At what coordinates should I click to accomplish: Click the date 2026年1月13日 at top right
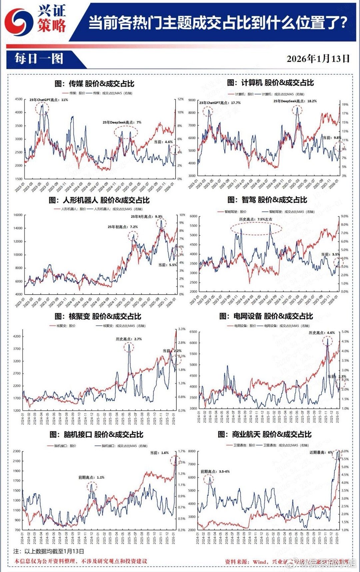318,59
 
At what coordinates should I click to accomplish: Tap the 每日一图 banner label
39,59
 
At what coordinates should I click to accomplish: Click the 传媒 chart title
94,84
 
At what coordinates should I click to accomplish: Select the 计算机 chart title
270,83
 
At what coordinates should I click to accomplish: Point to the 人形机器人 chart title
99,200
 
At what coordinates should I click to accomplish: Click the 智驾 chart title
267,200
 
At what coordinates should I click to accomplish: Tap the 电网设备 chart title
266,316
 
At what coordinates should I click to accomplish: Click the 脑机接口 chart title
96,434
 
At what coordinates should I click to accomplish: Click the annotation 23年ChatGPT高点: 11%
49,100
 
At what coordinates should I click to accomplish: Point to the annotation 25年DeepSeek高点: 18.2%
295,101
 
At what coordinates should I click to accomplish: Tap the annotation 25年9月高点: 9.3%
147,216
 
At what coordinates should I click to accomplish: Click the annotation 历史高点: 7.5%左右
256,219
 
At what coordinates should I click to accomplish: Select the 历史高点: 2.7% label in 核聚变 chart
129,339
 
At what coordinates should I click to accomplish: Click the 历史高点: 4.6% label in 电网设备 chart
322,333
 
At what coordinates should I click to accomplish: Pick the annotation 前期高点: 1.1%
91,477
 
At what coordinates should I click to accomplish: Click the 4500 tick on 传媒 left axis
19,99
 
